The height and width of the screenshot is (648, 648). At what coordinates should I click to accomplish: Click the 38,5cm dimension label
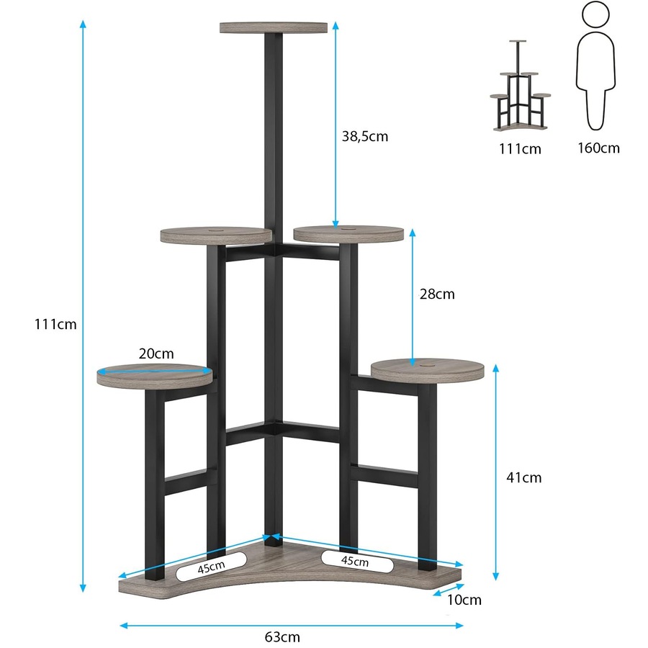[364, 136]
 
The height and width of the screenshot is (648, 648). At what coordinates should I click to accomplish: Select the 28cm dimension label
[437, 294]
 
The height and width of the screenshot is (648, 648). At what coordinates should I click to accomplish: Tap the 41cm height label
[523, 477]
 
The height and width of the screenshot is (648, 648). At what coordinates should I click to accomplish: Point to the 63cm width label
[282, 636]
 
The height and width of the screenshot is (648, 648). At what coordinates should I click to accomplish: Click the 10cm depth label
[463, 599]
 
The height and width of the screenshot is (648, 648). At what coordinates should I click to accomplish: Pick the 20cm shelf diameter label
[156, 354]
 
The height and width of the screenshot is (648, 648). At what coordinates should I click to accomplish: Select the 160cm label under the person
[598, 148]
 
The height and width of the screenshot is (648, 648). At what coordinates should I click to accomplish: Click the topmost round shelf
[274, 28]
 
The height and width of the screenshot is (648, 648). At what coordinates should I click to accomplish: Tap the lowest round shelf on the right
[428, 369]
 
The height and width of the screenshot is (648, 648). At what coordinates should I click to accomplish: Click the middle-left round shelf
[216, 235]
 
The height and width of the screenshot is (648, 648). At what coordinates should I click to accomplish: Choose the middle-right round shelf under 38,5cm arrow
[348, 233]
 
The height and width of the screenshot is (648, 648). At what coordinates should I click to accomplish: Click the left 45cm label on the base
[211, 567]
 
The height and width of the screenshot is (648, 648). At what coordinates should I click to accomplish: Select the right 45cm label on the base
[356, 559]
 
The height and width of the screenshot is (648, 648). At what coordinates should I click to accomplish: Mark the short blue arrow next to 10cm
[448, 590]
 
